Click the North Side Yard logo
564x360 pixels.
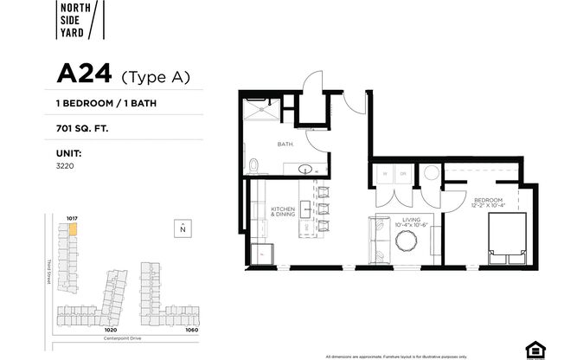[x=77, y=21]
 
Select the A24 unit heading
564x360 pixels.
[x=84, y=75]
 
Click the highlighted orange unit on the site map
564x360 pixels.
[x=74, y=230]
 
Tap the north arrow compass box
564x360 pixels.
[x=183, y=229]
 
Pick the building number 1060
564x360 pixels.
[x=191, y=330]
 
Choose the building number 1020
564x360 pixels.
[x=110, y=330]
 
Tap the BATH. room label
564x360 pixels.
[x=285, y=145]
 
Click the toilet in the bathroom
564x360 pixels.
[x=252, y=165]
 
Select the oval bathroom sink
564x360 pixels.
[x=304, y=169]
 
